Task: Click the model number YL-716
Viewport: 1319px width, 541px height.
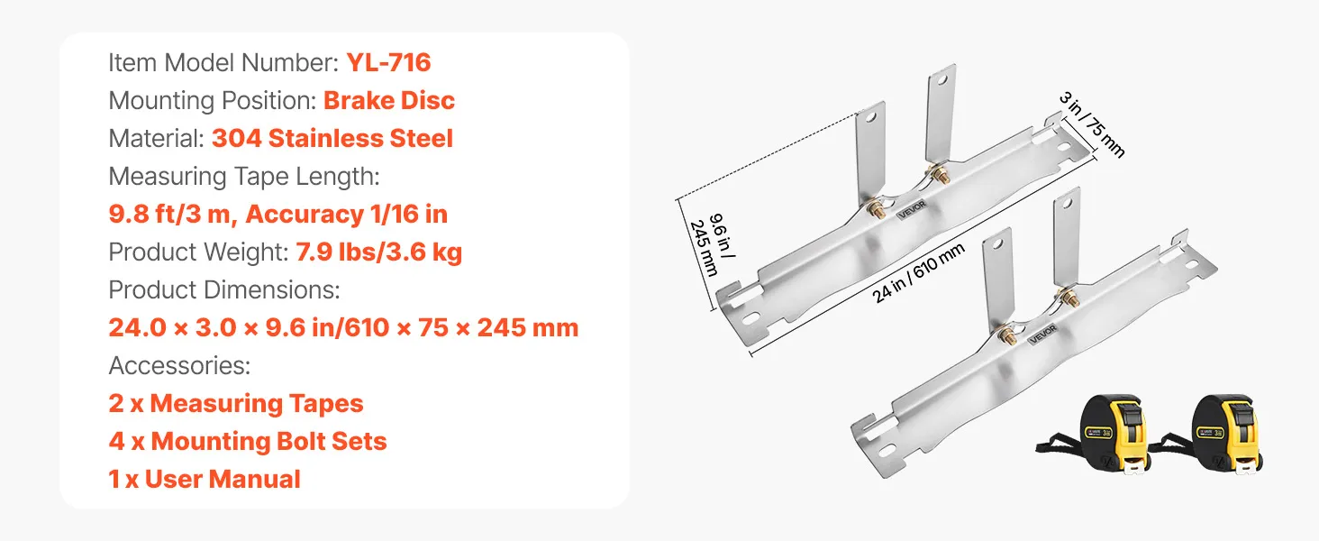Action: click(x=388, y=62)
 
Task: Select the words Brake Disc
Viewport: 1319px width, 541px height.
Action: click(x=389, y=100)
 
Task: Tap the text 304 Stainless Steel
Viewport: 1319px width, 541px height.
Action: click(x=332, y=139)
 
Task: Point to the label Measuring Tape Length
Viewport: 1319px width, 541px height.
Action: click(x=244, y=176)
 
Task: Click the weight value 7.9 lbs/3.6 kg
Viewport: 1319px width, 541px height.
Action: click(x=378, y=252)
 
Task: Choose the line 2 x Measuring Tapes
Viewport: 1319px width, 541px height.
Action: click(x=236, y=404)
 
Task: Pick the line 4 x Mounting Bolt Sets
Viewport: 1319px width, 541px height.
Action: click(x=248, y=442)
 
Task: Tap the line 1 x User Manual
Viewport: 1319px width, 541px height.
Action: click(x=205, y=479)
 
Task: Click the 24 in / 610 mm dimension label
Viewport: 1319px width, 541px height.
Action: click(x=918, y=273)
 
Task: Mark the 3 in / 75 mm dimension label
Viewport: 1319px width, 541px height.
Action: click(x=1092, y=125)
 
